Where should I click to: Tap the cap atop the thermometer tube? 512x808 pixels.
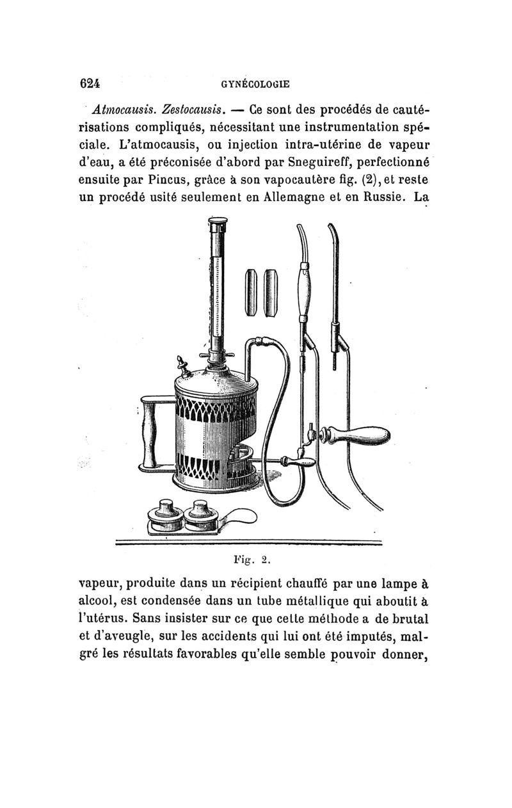(218, 225)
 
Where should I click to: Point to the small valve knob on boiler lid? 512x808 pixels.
(184, 366)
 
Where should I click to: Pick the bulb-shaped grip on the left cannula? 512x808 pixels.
(304, 287)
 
